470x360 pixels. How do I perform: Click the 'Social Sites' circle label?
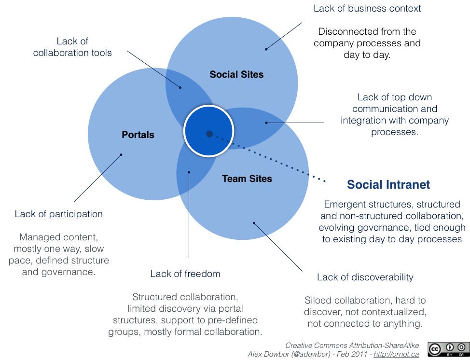pyautogui.click(x=236, y=74)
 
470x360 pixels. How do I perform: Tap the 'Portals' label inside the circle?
pyautogui.click(x=138, y=135)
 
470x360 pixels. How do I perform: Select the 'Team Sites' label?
pyautogui.click(x=247, y=179)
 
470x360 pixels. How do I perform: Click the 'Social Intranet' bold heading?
pyautogui.click(x=388, y=184)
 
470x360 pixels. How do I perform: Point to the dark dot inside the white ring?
pyautogui.click(x=209, y=134)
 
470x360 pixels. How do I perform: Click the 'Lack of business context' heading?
pyautogui.click(x=367, y=8)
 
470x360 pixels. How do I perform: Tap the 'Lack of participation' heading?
pyautogui.click(x=58, y=214)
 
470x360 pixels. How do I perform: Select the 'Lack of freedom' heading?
pyautogui.click(x=185, y=274)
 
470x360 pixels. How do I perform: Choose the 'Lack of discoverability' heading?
pyautogui.click(x=365, y=277)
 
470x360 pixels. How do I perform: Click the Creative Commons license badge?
pyautogui.click(x=448, y=349)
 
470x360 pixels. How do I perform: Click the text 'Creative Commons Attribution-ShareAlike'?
pyautogui.click(x=352, y=346)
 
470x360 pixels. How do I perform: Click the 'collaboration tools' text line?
pyautogui.click(x=72, y=53)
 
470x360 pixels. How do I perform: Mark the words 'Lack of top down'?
pyautogui.click(x=394, y=97)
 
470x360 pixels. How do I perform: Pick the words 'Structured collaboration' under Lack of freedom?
pyautogui.click(x=185, y=296)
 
